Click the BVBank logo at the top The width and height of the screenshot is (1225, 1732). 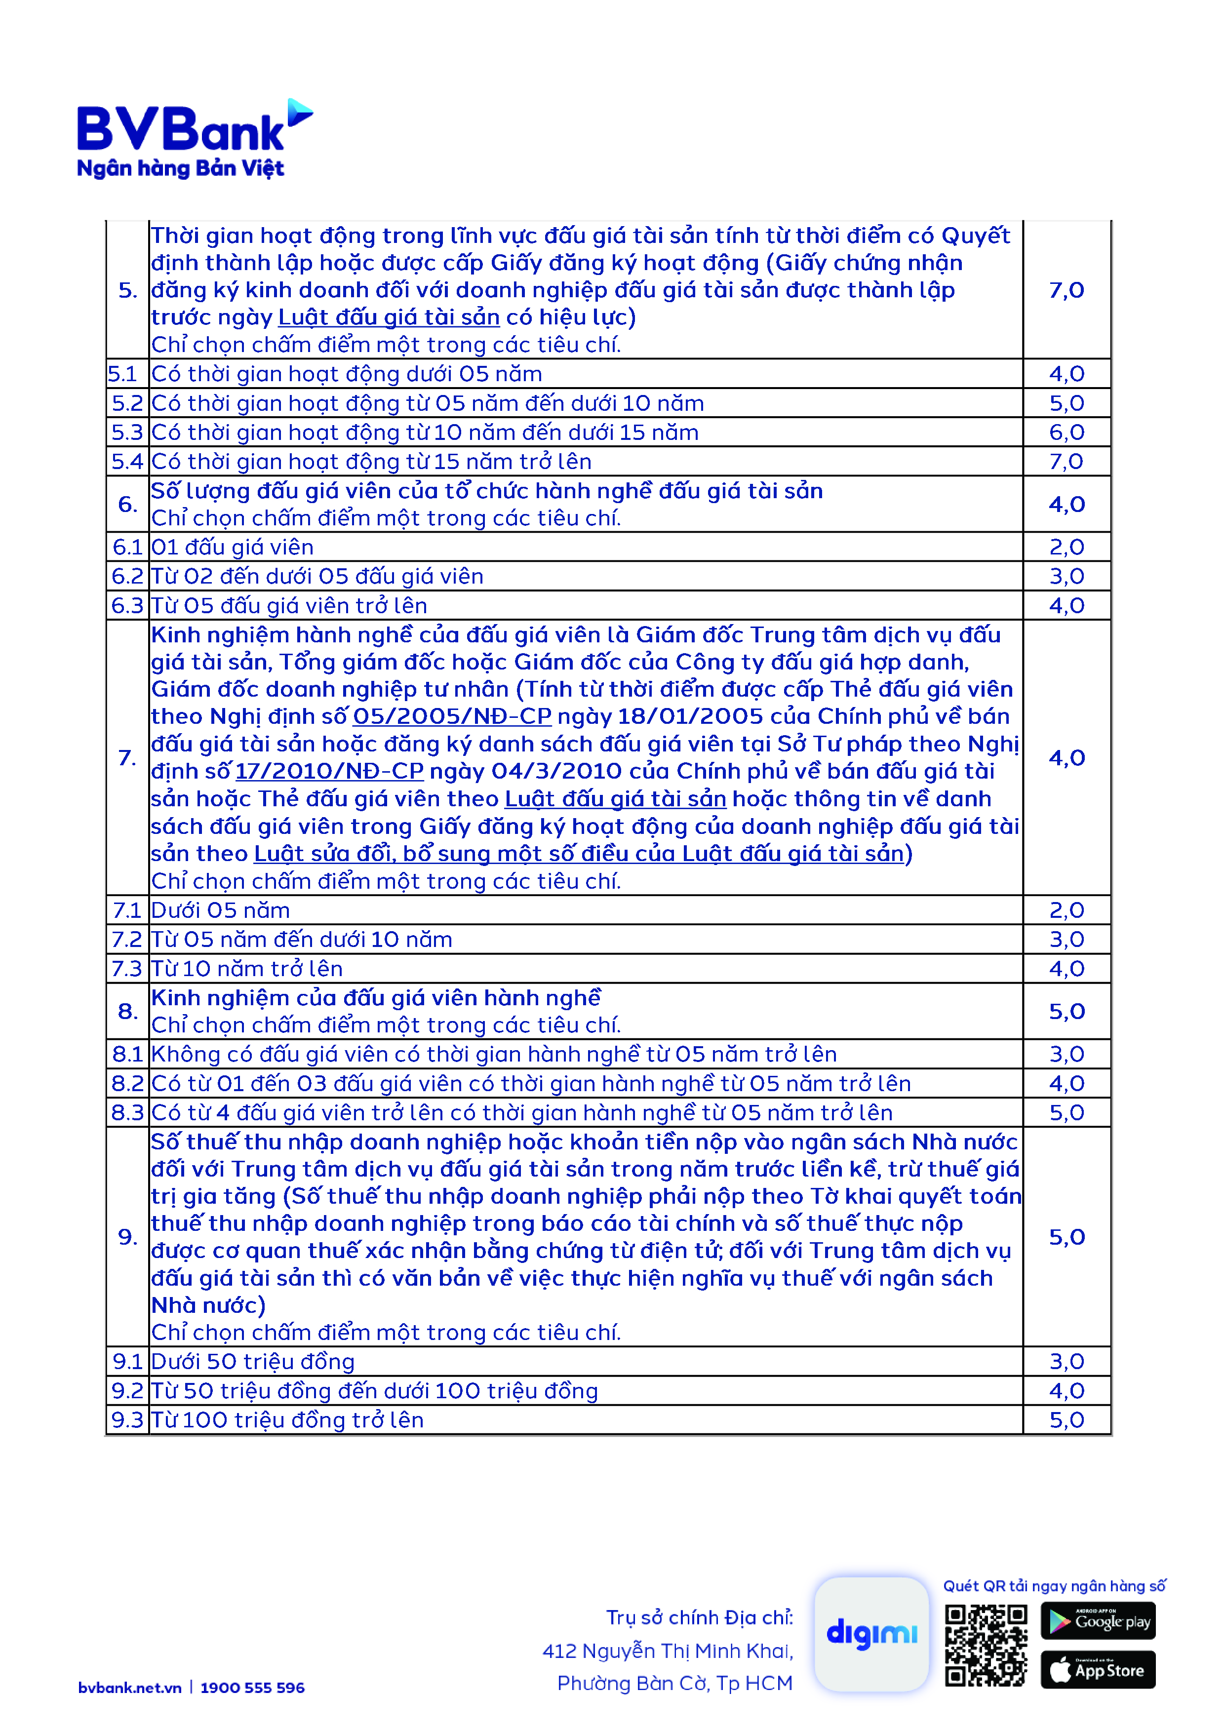(x=195, y=140)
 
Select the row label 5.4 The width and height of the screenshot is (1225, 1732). (x=127, y=462)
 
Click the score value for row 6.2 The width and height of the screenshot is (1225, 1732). (x=1067, y=576)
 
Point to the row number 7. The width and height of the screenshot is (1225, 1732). (x=127, y=757)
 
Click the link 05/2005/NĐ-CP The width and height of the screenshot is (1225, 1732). (x=452, y=716)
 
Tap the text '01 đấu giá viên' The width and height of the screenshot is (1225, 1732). (x=233, y=548)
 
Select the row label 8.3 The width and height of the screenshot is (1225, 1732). (x=127, y=1113)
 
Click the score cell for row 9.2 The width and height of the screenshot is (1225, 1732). (x=1067, y=1391)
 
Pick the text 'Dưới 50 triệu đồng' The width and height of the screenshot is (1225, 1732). (x=253, y=1362)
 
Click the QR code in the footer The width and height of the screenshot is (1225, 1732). (x=986, y=1645)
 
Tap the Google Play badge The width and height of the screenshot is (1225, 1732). (x=1098, y=1620)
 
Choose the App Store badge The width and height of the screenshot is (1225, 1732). (x=1098, y=1670)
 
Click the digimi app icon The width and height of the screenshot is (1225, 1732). (x=871, y=1634)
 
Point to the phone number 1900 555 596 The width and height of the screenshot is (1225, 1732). (x=253, y=1688)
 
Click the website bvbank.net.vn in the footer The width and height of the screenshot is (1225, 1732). (x=130, y=1688)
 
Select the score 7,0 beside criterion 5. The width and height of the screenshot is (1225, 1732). (x=1067, y=290)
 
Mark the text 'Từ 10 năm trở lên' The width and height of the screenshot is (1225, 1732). (x=247, y=969)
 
